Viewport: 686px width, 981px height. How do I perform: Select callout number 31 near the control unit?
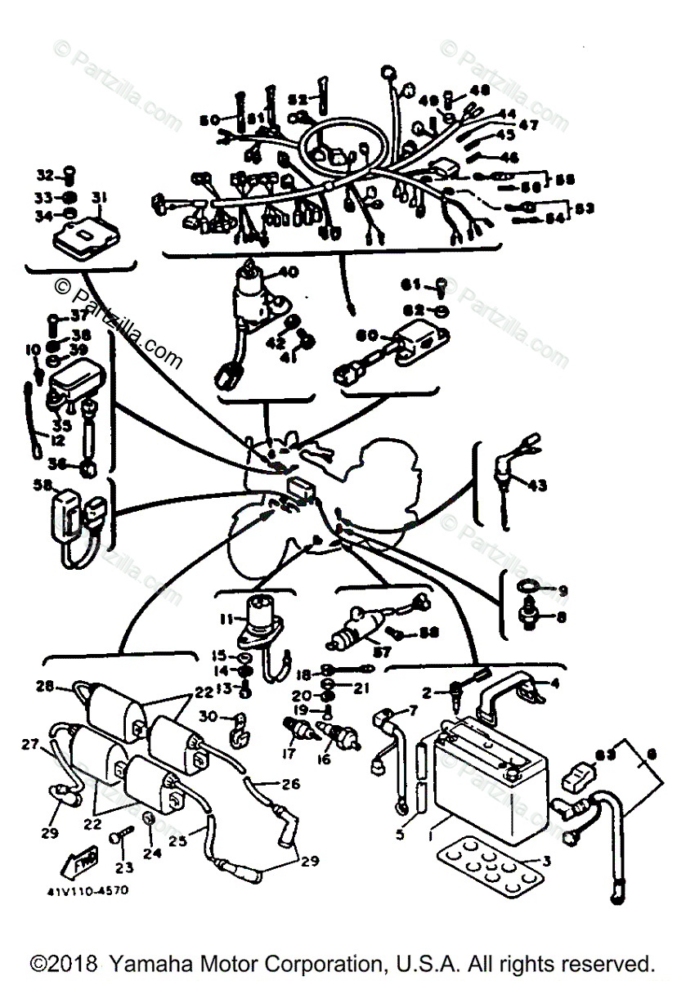[x=99, y=197]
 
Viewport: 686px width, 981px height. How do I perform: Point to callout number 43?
[x=536, y=486]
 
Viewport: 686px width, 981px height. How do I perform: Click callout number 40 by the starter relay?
[x=289, y=271]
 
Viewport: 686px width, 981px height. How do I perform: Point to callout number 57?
[x=380, y=652]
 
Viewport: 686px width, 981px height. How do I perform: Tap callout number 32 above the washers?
[x=44, y=174]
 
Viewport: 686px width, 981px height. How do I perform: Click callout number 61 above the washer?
[x=410, y=284]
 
